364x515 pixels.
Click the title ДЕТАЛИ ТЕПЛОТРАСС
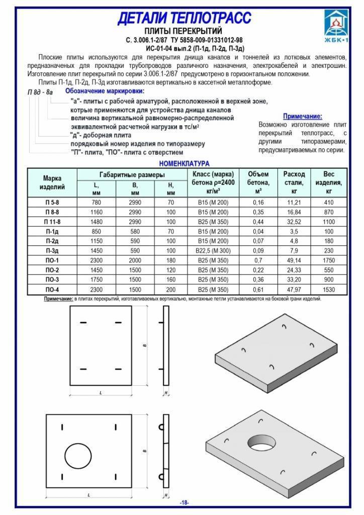pyautogui.click(x=184, y=19)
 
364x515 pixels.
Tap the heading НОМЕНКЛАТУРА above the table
pyautogui.click(x=184, y=163)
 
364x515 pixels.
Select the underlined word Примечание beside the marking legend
pyautogui.click(x=302, y=116)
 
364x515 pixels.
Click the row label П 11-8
pyautogui.click(x=52, y=222)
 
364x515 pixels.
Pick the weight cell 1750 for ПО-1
pyautogui.click(x=329, y=261)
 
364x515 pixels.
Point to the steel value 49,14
pyautogui.click(x=294, y=261)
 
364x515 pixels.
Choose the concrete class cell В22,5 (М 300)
pyautogui.click(x=211, y=251)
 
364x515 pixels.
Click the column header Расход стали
pyautogui.click(x=294, y=183)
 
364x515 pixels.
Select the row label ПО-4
pyautogui.click(x=52, y=290)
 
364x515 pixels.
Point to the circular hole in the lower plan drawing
pyautogui.click(x=76, y=456)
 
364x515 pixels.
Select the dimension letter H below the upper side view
pyautogui.click(x=166, y=393)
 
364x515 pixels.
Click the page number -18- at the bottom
pyautogui.click(x=184, y=503)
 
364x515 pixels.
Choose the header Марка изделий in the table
pyautogui.click(x=52, y=183)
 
